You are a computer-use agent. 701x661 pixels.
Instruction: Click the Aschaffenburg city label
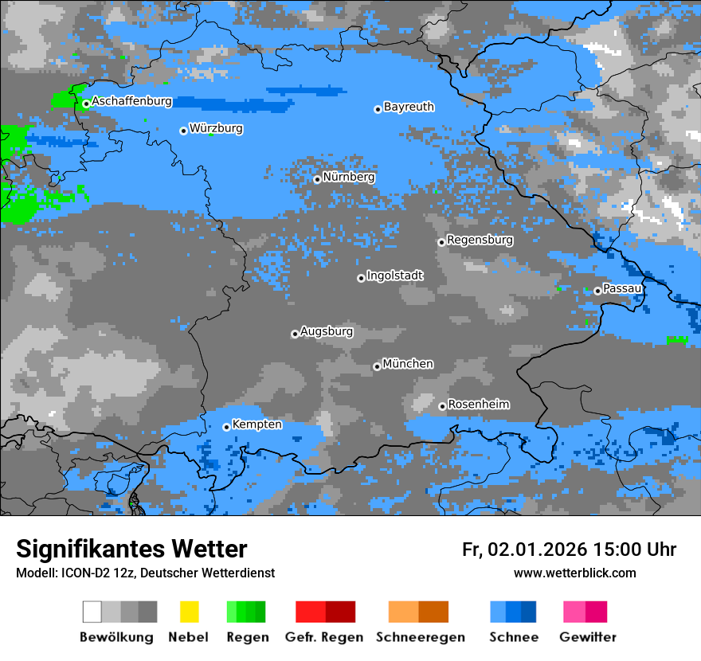click(x=131, y=101)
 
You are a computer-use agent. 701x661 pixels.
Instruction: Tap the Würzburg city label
click(x=216, y=128)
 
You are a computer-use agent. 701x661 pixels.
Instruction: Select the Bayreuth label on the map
click(x=409, y=107)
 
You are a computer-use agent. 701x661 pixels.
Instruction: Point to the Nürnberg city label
click(x=348, y=177)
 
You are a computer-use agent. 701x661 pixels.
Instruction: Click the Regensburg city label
click(x=480, y=240)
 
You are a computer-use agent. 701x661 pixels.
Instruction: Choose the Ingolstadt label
click(x=395, y=276)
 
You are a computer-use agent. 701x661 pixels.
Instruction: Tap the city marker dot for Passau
click(x=597, y=291)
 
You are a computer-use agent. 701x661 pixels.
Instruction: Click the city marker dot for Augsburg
click(x=295, y=334)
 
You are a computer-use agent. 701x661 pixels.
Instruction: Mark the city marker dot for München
click(x=377, y=366)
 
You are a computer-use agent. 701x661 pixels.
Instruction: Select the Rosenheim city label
click(x=479, y=405)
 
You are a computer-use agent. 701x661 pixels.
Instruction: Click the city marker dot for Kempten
click(x=226, y=427)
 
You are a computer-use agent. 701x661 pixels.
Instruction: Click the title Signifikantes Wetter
click(x=131, y=549)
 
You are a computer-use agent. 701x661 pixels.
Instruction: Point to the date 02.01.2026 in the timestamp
click(x=537, y=550)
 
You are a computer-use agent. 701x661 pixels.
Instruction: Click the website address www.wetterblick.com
click(x=574, y=573)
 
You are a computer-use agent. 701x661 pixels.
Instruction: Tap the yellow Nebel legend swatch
click(x=189, y=612)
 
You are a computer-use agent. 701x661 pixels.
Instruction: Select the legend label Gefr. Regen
click(x=324, y=637)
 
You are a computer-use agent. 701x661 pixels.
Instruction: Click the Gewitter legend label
click(x=587, y=637)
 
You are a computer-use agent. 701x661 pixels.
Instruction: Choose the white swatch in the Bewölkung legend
click(x=92, y=612)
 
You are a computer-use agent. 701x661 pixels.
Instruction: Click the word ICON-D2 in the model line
click(x=83, y=573)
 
